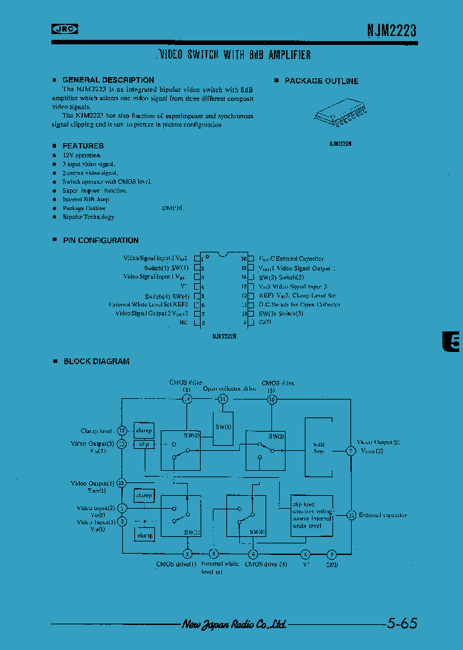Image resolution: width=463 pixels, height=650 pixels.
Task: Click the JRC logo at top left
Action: tap(65, 28)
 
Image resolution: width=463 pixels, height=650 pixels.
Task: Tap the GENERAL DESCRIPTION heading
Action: tap(108, 80)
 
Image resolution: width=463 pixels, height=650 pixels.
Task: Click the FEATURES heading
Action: tap(83, 146)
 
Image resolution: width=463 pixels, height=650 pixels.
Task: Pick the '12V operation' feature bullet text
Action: tap(82, 155)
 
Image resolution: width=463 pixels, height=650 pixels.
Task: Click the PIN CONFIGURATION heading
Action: tap(100, 240)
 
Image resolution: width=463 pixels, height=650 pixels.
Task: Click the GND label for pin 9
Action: tap(265, 322)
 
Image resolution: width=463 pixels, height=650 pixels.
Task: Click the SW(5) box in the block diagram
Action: tap(222, 426)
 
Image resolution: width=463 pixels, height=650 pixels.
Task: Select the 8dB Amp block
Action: tap(318, 448)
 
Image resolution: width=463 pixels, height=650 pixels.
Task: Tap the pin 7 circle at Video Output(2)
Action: tap(350, 451)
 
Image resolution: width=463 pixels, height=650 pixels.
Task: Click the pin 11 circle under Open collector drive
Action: tap(222, 399)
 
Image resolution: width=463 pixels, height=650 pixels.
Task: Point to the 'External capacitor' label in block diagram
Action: tap(383, 515)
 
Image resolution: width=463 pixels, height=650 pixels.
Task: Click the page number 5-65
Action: tap(403, 623)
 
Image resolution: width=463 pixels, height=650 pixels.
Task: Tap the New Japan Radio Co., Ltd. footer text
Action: tap(234, 624)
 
